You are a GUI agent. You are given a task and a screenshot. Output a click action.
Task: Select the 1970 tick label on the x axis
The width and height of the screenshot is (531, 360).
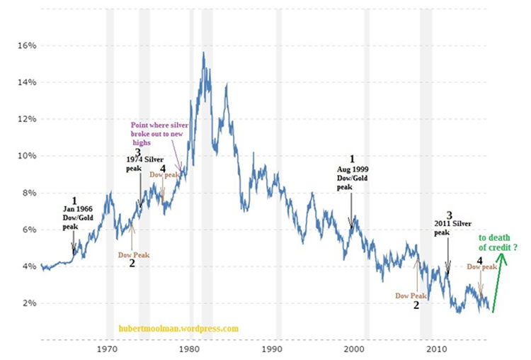107,349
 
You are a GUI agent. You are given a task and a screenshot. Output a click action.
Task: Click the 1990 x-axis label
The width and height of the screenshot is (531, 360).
272,349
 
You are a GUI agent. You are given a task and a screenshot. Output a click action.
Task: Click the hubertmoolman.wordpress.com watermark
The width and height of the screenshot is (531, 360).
178,329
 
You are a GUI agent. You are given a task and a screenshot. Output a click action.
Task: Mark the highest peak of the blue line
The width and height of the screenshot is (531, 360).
204,52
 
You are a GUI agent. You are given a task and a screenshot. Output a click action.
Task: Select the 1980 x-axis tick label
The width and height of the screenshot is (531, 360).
189,349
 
